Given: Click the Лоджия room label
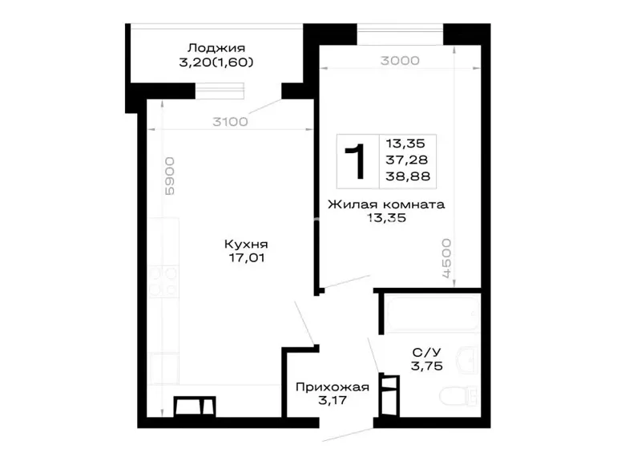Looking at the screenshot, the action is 216,48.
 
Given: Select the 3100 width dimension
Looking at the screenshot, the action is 230,122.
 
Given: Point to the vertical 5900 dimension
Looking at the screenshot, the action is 169,176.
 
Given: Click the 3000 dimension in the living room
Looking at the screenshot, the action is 400,61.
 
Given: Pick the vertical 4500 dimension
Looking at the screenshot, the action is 446,258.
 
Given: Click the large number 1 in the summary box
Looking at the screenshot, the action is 355,161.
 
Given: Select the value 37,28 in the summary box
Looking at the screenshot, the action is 406,160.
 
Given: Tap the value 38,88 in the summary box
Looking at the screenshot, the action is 408,176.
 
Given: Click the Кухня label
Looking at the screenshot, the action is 246,245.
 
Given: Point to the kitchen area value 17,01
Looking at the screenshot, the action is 246,258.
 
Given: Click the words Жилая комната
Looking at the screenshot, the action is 386,204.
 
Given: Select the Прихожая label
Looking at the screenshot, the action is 333,387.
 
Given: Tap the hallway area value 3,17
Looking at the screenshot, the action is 333,400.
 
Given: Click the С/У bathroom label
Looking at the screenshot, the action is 427,352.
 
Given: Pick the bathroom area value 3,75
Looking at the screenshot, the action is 427,366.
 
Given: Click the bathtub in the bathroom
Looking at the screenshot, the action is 433,313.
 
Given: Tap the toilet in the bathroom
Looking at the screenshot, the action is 458,396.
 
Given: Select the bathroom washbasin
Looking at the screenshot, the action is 466,360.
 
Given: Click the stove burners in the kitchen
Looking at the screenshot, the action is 163,281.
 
